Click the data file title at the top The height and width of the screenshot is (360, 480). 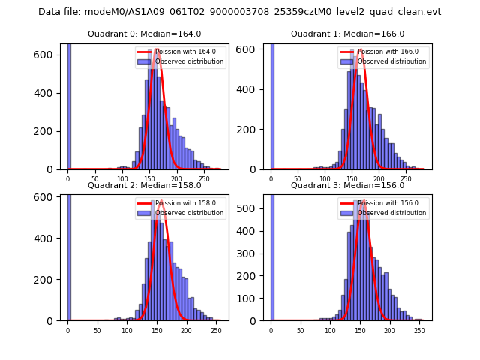[240, 12]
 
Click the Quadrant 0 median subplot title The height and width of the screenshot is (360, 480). [144, 34]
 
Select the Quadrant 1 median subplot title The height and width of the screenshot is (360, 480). [347, 34]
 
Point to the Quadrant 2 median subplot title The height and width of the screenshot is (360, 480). [144, 185]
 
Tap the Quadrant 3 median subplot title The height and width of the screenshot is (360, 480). [347, 185]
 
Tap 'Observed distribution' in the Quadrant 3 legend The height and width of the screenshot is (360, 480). [391, 213]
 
